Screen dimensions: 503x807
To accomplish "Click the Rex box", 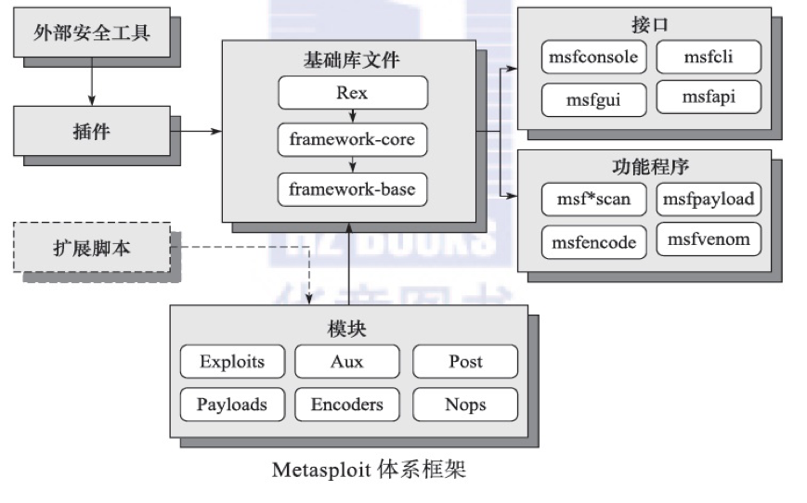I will [353, 93].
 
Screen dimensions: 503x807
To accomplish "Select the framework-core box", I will [353, 141].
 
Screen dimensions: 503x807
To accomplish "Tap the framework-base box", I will [353, 189].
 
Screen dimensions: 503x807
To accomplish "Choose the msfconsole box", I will [593, 58].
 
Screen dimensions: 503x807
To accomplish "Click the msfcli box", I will [709, 58].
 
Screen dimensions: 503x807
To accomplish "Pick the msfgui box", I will [593, 98].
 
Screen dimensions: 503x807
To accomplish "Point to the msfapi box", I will [709, 97].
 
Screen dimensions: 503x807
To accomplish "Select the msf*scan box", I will [593, 200].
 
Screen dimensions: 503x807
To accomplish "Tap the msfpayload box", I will [709, 200].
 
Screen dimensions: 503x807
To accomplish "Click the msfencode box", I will [593, 242].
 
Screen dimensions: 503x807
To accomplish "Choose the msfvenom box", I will [709, 240].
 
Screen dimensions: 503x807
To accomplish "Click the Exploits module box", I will [232, 362].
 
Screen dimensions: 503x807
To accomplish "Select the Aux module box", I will [346, 362].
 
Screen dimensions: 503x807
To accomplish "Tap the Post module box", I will [464, 362].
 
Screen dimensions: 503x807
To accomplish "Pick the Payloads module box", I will [232, 405].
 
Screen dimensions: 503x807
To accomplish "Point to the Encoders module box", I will [346, 405].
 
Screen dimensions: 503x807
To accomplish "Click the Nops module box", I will [464, 405].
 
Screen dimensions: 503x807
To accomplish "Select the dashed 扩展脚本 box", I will [91, 247].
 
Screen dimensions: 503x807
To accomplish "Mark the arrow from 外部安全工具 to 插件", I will [90, 83].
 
